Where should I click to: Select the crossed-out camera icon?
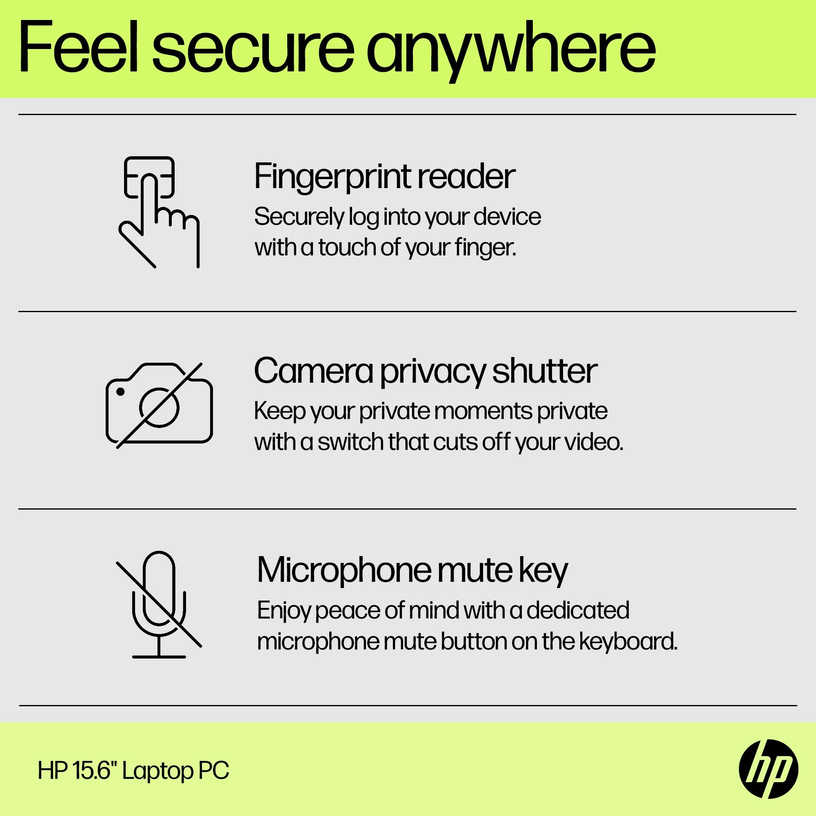[159, 405]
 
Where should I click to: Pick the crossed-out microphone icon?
[159, 604]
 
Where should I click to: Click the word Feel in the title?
[79, 47]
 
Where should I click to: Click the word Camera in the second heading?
[313, 371]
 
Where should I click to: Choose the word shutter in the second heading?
[544, 370]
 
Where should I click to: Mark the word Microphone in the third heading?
[344, 571]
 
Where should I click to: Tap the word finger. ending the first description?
[485, 248]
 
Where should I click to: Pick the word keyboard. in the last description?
[628, 641]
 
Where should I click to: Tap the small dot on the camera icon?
[120, 392]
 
